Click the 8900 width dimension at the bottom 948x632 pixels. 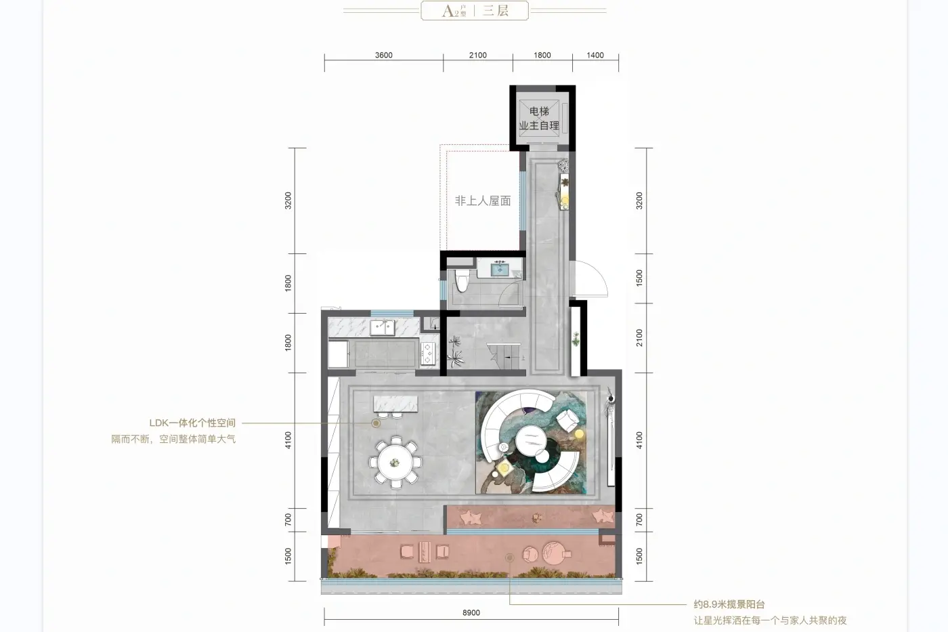(x=471, y=612)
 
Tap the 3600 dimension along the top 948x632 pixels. (x=383, y=55)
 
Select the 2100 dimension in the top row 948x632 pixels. (x=478, y=55)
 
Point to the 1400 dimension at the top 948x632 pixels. (x=595, y=55)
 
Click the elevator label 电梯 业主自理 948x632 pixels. (x=539, y=118)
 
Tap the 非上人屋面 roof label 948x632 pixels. (x=483, y=201)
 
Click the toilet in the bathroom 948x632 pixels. (x=462, y=280)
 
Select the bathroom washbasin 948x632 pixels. (x=500, y=269)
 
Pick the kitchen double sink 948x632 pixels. (x=383, y=327)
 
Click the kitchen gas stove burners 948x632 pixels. (x=427, y=354)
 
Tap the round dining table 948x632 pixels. (x=395, y=462)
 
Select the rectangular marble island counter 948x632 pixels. (x=395, y=404)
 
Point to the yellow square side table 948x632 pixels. (x=504, y=468)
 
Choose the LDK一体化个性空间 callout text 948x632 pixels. (x=192, y=423)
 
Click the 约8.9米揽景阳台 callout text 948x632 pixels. (x=729, y=604)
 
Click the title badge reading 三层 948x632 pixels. (x=495, y=11)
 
